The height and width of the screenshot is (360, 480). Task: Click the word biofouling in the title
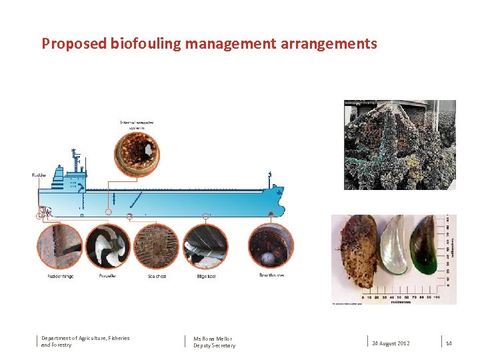144,45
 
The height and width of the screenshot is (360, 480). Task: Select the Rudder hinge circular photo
60,246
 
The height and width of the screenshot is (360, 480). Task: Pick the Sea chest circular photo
157,246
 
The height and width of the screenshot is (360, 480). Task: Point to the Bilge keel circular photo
205,246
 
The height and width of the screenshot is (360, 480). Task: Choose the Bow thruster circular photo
271,246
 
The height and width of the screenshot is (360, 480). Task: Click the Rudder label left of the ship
39,175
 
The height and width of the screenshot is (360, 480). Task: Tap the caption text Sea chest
157,276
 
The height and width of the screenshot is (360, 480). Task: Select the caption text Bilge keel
206,276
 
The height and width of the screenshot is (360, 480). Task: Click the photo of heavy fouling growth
399,145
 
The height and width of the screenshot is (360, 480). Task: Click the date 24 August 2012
391,343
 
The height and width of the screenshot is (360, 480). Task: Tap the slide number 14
449,343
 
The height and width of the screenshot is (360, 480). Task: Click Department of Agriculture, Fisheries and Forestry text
85,341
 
